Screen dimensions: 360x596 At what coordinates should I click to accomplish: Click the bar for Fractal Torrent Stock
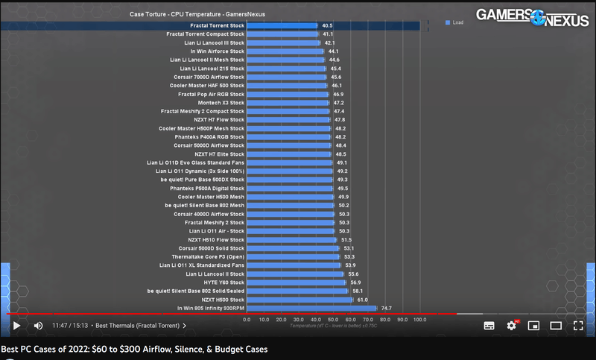(282, 25)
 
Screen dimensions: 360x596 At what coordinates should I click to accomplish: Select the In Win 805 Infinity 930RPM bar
(311, 308)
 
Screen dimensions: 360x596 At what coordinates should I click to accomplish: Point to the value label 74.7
(386, 308)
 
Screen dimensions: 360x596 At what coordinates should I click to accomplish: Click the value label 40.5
(327, 25)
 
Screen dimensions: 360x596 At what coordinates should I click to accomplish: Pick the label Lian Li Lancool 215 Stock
(212, 69)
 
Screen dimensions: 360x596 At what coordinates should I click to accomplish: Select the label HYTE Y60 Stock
(221, 282)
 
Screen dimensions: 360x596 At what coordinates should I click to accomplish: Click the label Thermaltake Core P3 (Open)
(208, 256)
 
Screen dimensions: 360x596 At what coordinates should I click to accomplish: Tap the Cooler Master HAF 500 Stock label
(206, 86)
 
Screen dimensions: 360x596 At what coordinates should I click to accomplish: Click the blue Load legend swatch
(447, 22)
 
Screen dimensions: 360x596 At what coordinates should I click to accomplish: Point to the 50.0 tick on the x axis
(333, 320)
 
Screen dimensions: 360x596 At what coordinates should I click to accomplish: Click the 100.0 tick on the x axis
(419, 320)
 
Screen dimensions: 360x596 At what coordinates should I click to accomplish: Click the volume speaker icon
(39, 326)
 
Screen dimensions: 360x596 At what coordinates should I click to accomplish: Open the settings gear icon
(511, 326)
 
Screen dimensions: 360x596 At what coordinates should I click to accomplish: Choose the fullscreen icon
(578, 326)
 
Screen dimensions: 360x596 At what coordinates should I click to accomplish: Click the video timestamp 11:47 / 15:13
(70, 326)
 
